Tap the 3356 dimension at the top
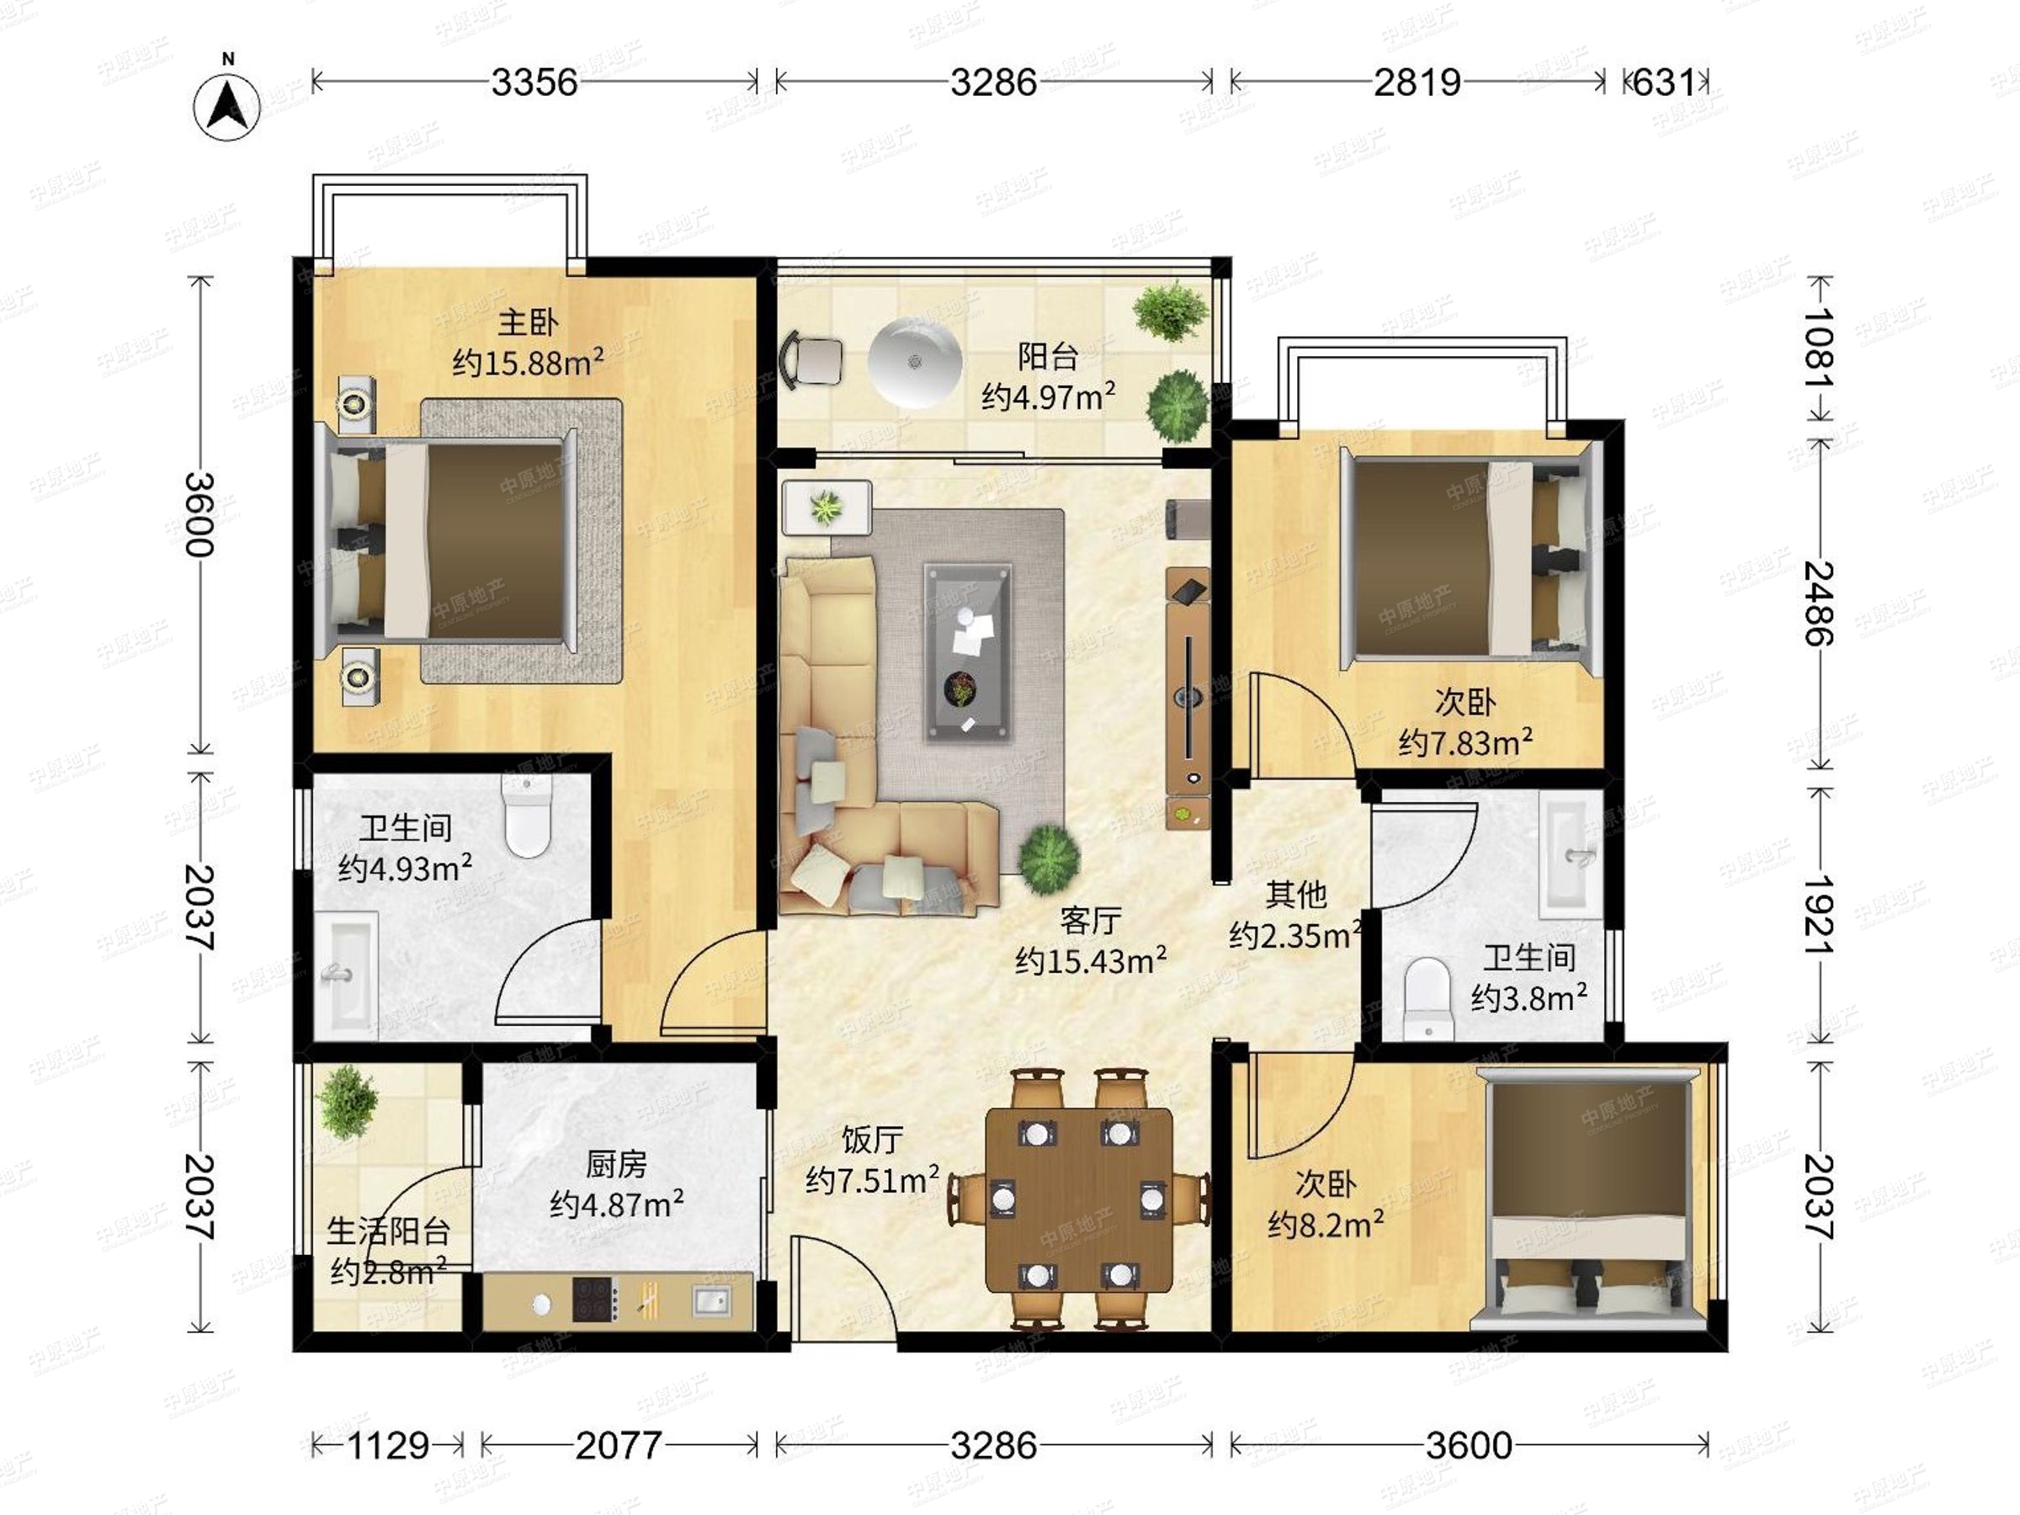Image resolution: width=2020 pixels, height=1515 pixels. tap(534, 83)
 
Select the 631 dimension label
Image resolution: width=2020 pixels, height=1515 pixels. tap(1665, 83)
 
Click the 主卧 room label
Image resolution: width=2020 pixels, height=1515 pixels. tap(528, 322)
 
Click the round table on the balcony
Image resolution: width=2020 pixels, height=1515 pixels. tap(915, 363)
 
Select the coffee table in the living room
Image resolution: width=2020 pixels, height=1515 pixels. tap(968, 651)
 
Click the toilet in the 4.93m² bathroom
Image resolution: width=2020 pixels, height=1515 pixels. tap(528, 816)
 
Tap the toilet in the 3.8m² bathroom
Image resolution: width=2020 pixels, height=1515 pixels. tap(1427, 998)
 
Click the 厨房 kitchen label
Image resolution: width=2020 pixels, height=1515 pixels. tap(616, 1165)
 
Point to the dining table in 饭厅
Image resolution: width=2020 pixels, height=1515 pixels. tap(1079, 1199)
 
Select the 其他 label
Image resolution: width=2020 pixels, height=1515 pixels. tap(1296, 895)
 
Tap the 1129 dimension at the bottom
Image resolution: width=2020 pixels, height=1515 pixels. tap(388, 1446)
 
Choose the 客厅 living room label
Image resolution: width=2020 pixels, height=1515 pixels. tap(1090, 921)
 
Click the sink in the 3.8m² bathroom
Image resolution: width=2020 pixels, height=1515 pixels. tap(1570, 855)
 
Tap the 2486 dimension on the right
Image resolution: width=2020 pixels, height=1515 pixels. tap(1818, 603)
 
